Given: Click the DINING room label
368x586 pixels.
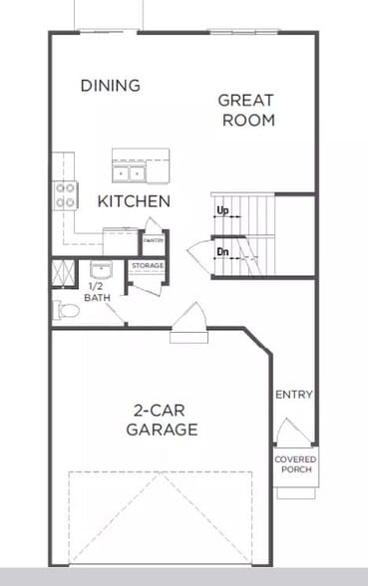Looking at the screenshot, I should pos(110,86).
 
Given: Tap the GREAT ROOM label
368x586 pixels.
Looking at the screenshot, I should pos(245,110).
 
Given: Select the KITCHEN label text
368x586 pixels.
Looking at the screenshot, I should pos(133,201).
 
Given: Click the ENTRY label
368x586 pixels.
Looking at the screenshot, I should pos(294,395).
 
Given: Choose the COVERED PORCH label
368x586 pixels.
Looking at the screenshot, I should pos(295,465).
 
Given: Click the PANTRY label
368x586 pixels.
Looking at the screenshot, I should pos(154,240).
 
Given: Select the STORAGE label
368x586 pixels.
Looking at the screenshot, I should pos(147,266).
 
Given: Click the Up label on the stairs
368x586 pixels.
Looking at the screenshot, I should pos(222,211).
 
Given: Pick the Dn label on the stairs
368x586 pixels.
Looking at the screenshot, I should pos(223,252).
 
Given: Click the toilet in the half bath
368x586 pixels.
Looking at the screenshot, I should pos(66,311).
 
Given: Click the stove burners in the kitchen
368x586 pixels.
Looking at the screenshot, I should pos(67,194).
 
